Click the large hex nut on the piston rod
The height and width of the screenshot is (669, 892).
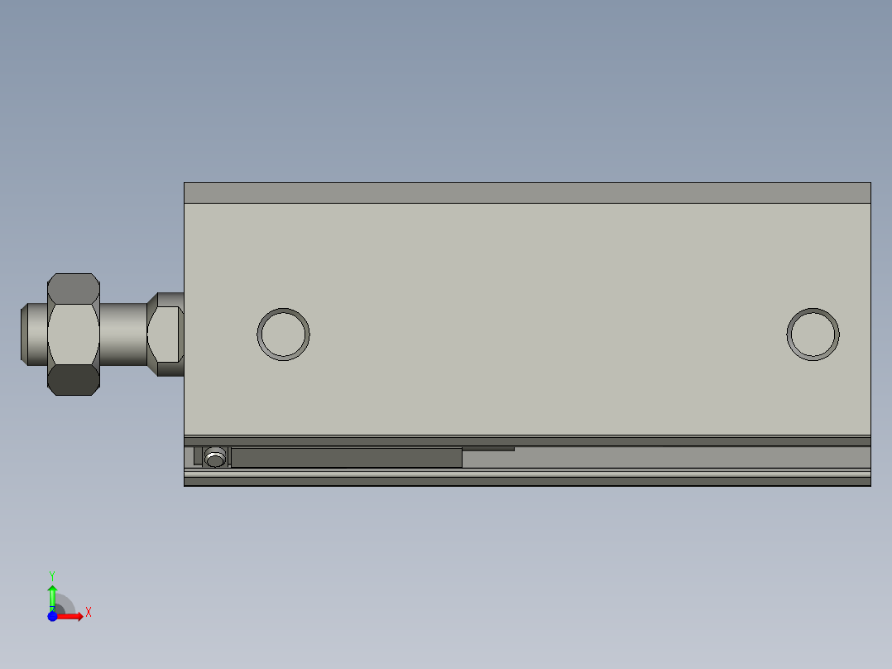click(74, 334)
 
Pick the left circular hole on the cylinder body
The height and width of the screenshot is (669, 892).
click(283, 334)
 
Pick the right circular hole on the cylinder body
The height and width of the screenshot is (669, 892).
click(813, 334)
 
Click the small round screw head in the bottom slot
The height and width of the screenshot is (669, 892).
click(216, 457)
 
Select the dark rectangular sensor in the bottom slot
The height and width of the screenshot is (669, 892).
click(346, 458)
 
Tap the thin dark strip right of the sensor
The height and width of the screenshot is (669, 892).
click(488, 449)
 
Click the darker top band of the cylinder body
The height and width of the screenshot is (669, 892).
click(527, 193)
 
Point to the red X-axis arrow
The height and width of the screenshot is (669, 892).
click(71, 616)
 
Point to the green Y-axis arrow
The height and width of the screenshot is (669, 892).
click(52, 595)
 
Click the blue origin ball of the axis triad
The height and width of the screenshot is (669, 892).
click(52, 616)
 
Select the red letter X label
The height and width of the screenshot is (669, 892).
click(89, 613)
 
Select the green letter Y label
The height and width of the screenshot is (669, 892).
click(52, 575)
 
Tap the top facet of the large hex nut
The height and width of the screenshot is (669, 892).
click(74, 287)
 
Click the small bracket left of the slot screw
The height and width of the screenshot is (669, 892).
click(198, 456)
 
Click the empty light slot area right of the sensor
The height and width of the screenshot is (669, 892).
click(662, 459)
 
